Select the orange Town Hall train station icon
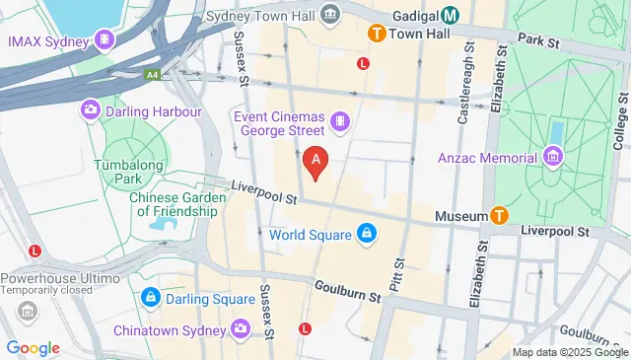click(x=376, y=34)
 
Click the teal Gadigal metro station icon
click(x=450, y=14)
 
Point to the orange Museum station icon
click(x=500, y=215)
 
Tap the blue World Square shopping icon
click(x=366, y=234)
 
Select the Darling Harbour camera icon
click(x=91, y=110)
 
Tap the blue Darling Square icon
click(x=150, y=295)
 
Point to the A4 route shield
click(x=151, y=73)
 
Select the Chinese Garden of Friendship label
click(x=174, y=203)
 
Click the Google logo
click(x=33, y=347)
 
